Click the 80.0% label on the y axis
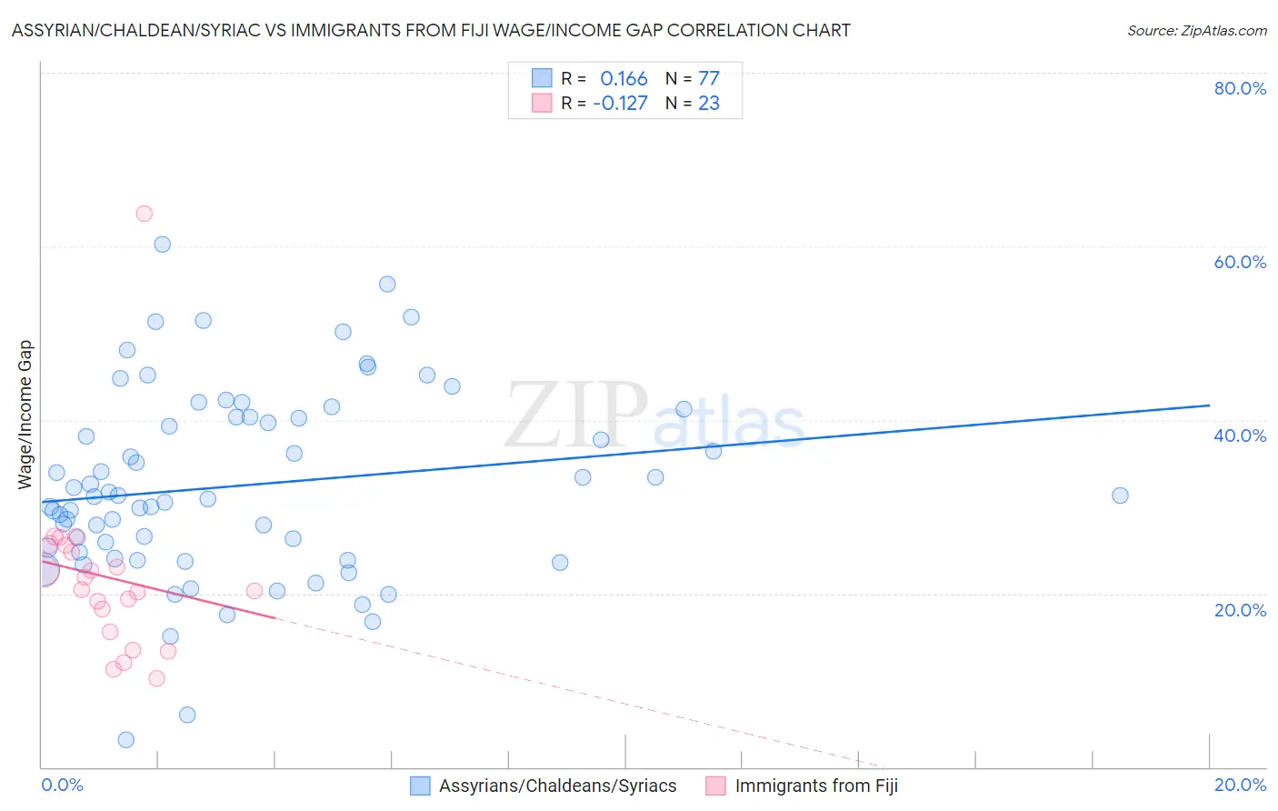[x=1240, y=88]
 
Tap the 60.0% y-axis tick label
[x=1240, y=262]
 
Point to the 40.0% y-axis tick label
[x=1240, y=436]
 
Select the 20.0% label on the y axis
[x=1240, y=610]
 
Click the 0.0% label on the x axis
[x=62, y=785]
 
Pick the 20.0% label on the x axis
[x=1240, y=785]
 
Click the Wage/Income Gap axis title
[x=25, y=415]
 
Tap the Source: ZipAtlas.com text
[x=1196, y=31]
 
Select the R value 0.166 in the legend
[x=624, y=78]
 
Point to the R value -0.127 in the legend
[x=620, y=103]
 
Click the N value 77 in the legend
[x=709, y=78]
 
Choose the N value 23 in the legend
[x=709, y=103]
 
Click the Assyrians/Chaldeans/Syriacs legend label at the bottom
[x=557, y=786]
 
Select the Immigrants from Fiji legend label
[x=816, y=786]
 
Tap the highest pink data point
[x=144, y=214]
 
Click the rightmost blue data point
[x=1120, y=496]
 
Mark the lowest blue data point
[x=126, y=740]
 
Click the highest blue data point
[x=163, y=244]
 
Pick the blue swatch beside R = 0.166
[x=542, y=78]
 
